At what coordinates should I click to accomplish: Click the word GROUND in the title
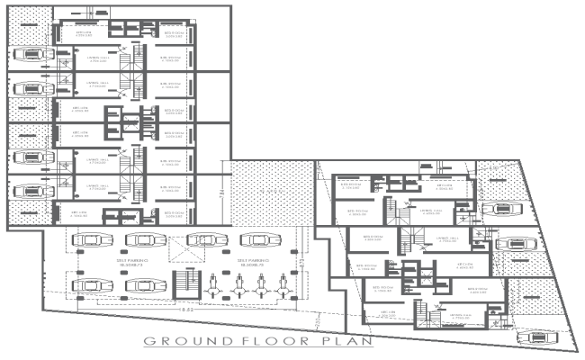[x=177, y=341]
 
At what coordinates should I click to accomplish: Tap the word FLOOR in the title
[x=250, y=341]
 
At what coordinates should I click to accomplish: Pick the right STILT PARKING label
[x=249, y=261]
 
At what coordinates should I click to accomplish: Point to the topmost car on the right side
[x=504, y=209]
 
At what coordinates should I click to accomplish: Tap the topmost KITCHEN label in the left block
[x=82, y=34]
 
